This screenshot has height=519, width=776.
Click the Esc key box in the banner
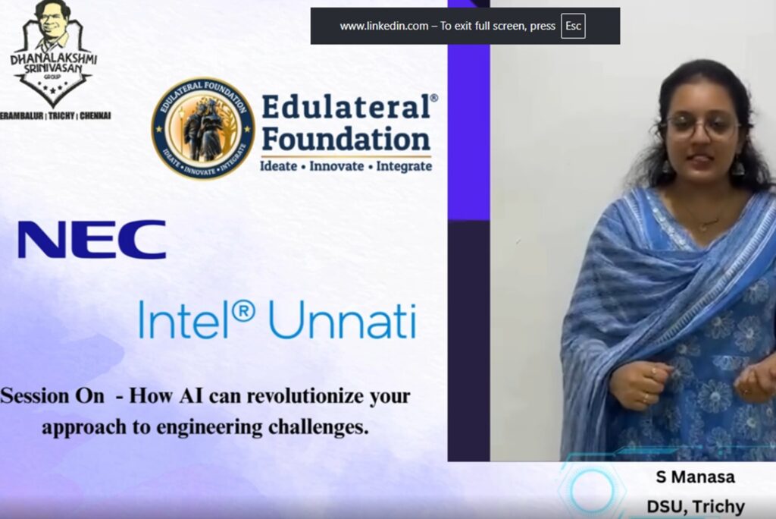click(573, 26)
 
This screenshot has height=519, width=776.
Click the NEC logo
click(92, 240)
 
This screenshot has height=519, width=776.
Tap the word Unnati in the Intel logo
click(343, 319)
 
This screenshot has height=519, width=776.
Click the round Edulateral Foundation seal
click(202, 128)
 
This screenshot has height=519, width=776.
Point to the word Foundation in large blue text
click(346, 140)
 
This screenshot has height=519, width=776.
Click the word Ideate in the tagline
click(279, 165)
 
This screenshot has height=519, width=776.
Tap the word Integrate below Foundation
click(404, 167)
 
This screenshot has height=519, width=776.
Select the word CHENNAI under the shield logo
click(95, 116)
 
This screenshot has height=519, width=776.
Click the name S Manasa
click(696, 477)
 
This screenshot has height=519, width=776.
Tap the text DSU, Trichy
click(696, 507)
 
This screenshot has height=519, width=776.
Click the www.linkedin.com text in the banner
click(384, 27)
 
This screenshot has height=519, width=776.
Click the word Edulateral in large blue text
click(346, 106)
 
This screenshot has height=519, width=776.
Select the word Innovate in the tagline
click(336, 165)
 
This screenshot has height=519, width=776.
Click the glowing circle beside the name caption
click(591, 489)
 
